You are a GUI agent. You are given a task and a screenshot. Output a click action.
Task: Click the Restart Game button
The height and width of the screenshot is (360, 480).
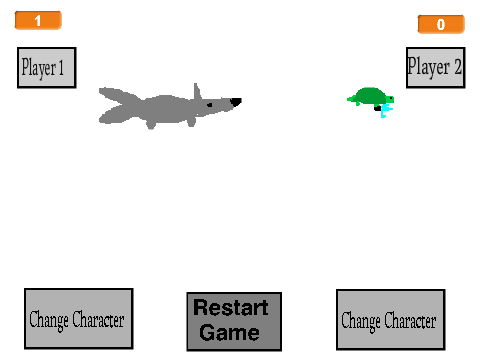click(x=234, y=321)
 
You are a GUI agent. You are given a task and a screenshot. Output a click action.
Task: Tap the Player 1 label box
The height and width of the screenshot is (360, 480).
click(x=47, y=68)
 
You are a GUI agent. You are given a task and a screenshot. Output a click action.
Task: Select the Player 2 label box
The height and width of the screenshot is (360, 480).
click(x=436, y=68)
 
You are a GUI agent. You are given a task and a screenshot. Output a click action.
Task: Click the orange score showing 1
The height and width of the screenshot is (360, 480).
click(x=38, y=20)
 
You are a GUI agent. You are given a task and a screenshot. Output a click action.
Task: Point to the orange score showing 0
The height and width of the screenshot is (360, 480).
click(x=441, y=24)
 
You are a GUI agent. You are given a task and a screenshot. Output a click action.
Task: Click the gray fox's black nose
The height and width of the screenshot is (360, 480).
click(x=236, y=102)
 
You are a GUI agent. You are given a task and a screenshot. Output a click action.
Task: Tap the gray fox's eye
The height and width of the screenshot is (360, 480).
click(x=210, y=105)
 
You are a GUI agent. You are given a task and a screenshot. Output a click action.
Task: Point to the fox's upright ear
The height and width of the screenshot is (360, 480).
click(x=197, y=91)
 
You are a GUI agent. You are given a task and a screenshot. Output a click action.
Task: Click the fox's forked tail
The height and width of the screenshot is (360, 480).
click(x=117, y=106)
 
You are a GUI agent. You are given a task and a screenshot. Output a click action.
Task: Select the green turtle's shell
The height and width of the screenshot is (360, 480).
click(x=369, y=96)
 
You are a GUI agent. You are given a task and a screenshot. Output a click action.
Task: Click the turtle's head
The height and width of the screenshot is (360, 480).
click(x=390, y=99)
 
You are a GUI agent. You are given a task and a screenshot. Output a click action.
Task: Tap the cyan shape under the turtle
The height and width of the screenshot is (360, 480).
click(x=386, y=111)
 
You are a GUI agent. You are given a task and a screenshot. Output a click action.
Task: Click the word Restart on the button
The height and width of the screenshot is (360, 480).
click(x=231, y=307)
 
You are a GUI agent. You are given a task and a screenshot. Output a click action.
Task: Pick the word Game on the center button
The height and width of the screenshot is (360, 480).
click(x=230, y=332)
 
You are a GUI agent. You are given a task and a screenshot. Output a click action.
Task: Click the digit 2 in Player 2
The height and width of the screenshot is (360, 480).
click(x=458, y=66)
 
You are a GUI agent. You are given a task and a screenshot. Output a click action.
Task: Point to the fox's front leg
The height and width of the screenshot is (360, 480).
click(x=191, y=121)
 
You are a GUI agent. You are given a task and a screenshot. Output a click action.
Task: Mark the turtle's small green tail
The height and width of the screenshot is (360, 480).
click(x=350, y=99)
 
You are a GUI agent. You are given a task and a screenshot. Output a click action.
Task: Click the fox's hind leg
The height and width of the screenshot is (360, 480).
click(x=151, y=124)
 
